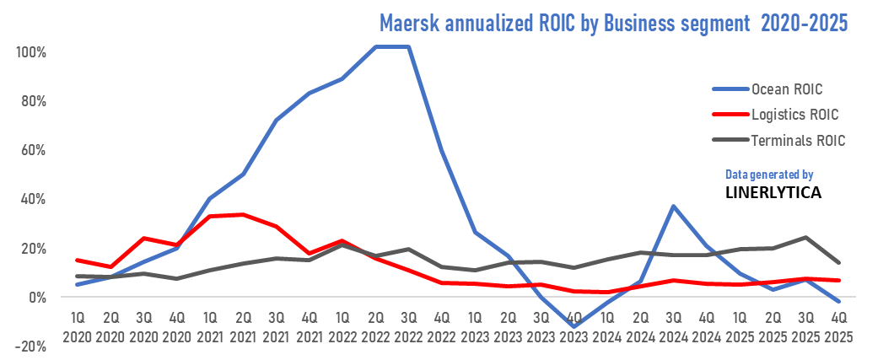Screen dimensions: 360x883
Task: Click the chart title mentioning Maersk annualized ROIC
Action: pyautogui.click(x=613, y=22)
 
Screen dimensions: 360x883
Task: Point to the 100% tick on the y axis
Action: pyautogui.click(x=30, y=51)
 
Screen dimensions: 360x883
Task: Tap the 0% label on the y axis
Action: pyautogui.click(x=36, y=298)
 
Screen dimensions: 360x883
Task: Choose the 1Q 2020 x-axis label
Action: pyautogui.click(x=78, y=327)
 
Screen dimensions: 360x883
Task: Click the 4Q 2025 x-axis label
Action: pyautogui.click(x=838, y=327)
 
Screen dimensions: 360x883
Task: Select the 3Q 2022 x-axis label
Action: pyautogui.click(x=408, y=327)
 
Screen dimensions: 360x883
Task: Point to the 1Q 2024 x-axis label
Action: pyautogui.click(x=607, y=327)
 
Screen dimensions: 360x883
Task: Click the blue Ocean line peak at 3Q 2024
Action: pyautogui.click(x=673, y=205)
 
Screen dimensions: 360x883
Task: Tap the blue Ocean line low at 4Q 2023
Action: pyautogui.click(x=574, y=326)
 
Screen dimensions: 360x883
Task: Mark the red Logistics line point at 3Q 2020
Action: pyautogui.click(x=143, y=238)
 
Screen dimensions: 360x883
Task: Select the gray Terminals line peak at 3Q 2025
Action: pyautogui.click(x=805, y=237)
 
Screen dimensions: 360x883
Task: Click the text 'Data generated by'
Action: pyautogui.click(x=768, y=175)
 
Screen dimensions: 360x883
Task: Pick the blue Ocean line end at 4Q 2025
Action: pyautogui.click(x=838, y=302)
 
